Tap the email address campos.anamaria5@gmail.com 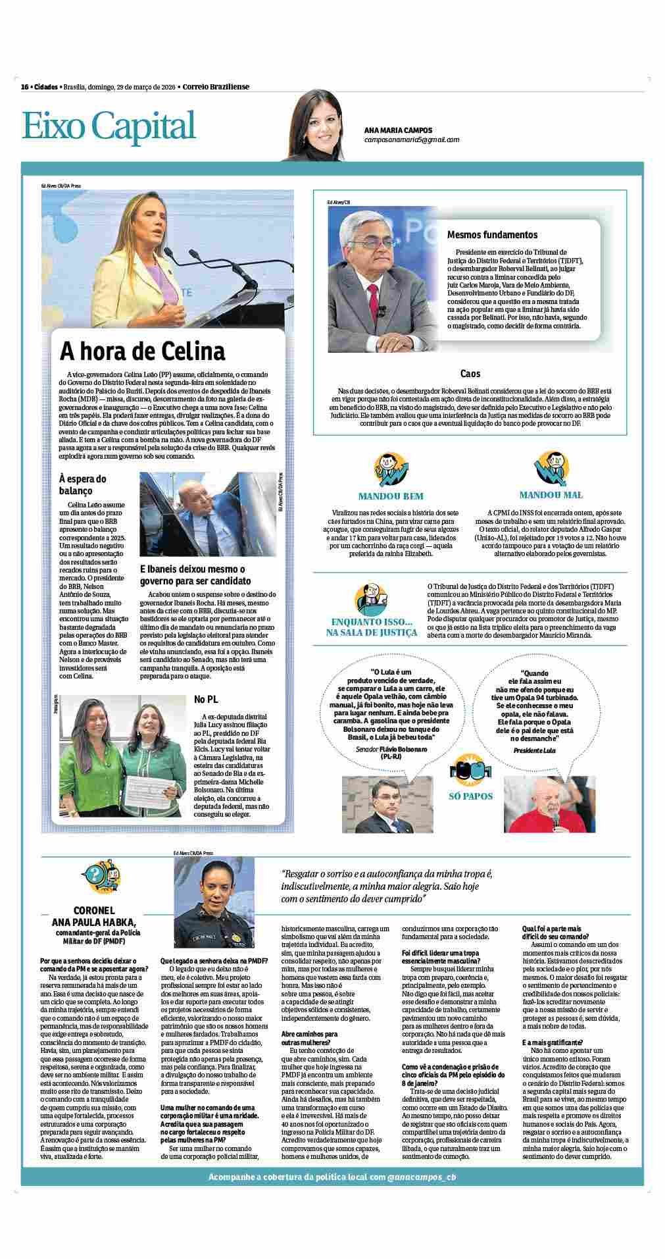[412, 140]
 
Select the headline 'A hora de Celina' [143, 351]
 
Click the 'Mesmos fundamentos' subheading [492, 234]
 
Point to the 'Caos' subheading [470, 374]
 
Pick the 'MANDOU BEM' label [391, 496]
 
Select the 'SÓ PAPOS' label [470, 796]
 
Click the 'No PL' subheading [206, 698]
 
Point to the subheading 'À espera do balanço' [82, 484]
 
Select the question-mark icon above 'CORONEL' [100, 877]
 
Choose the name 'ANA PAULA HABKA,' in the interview [95, 921]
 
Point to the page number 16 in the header [25, 87]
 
